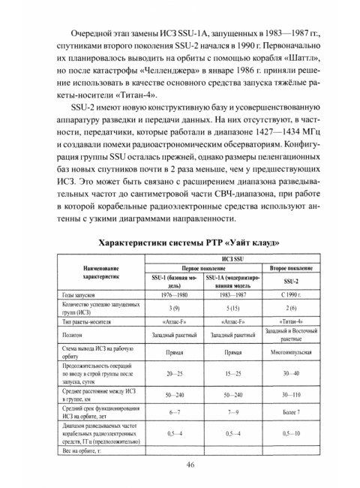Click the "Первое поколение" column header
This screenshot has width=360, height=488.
coord(199,268)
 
